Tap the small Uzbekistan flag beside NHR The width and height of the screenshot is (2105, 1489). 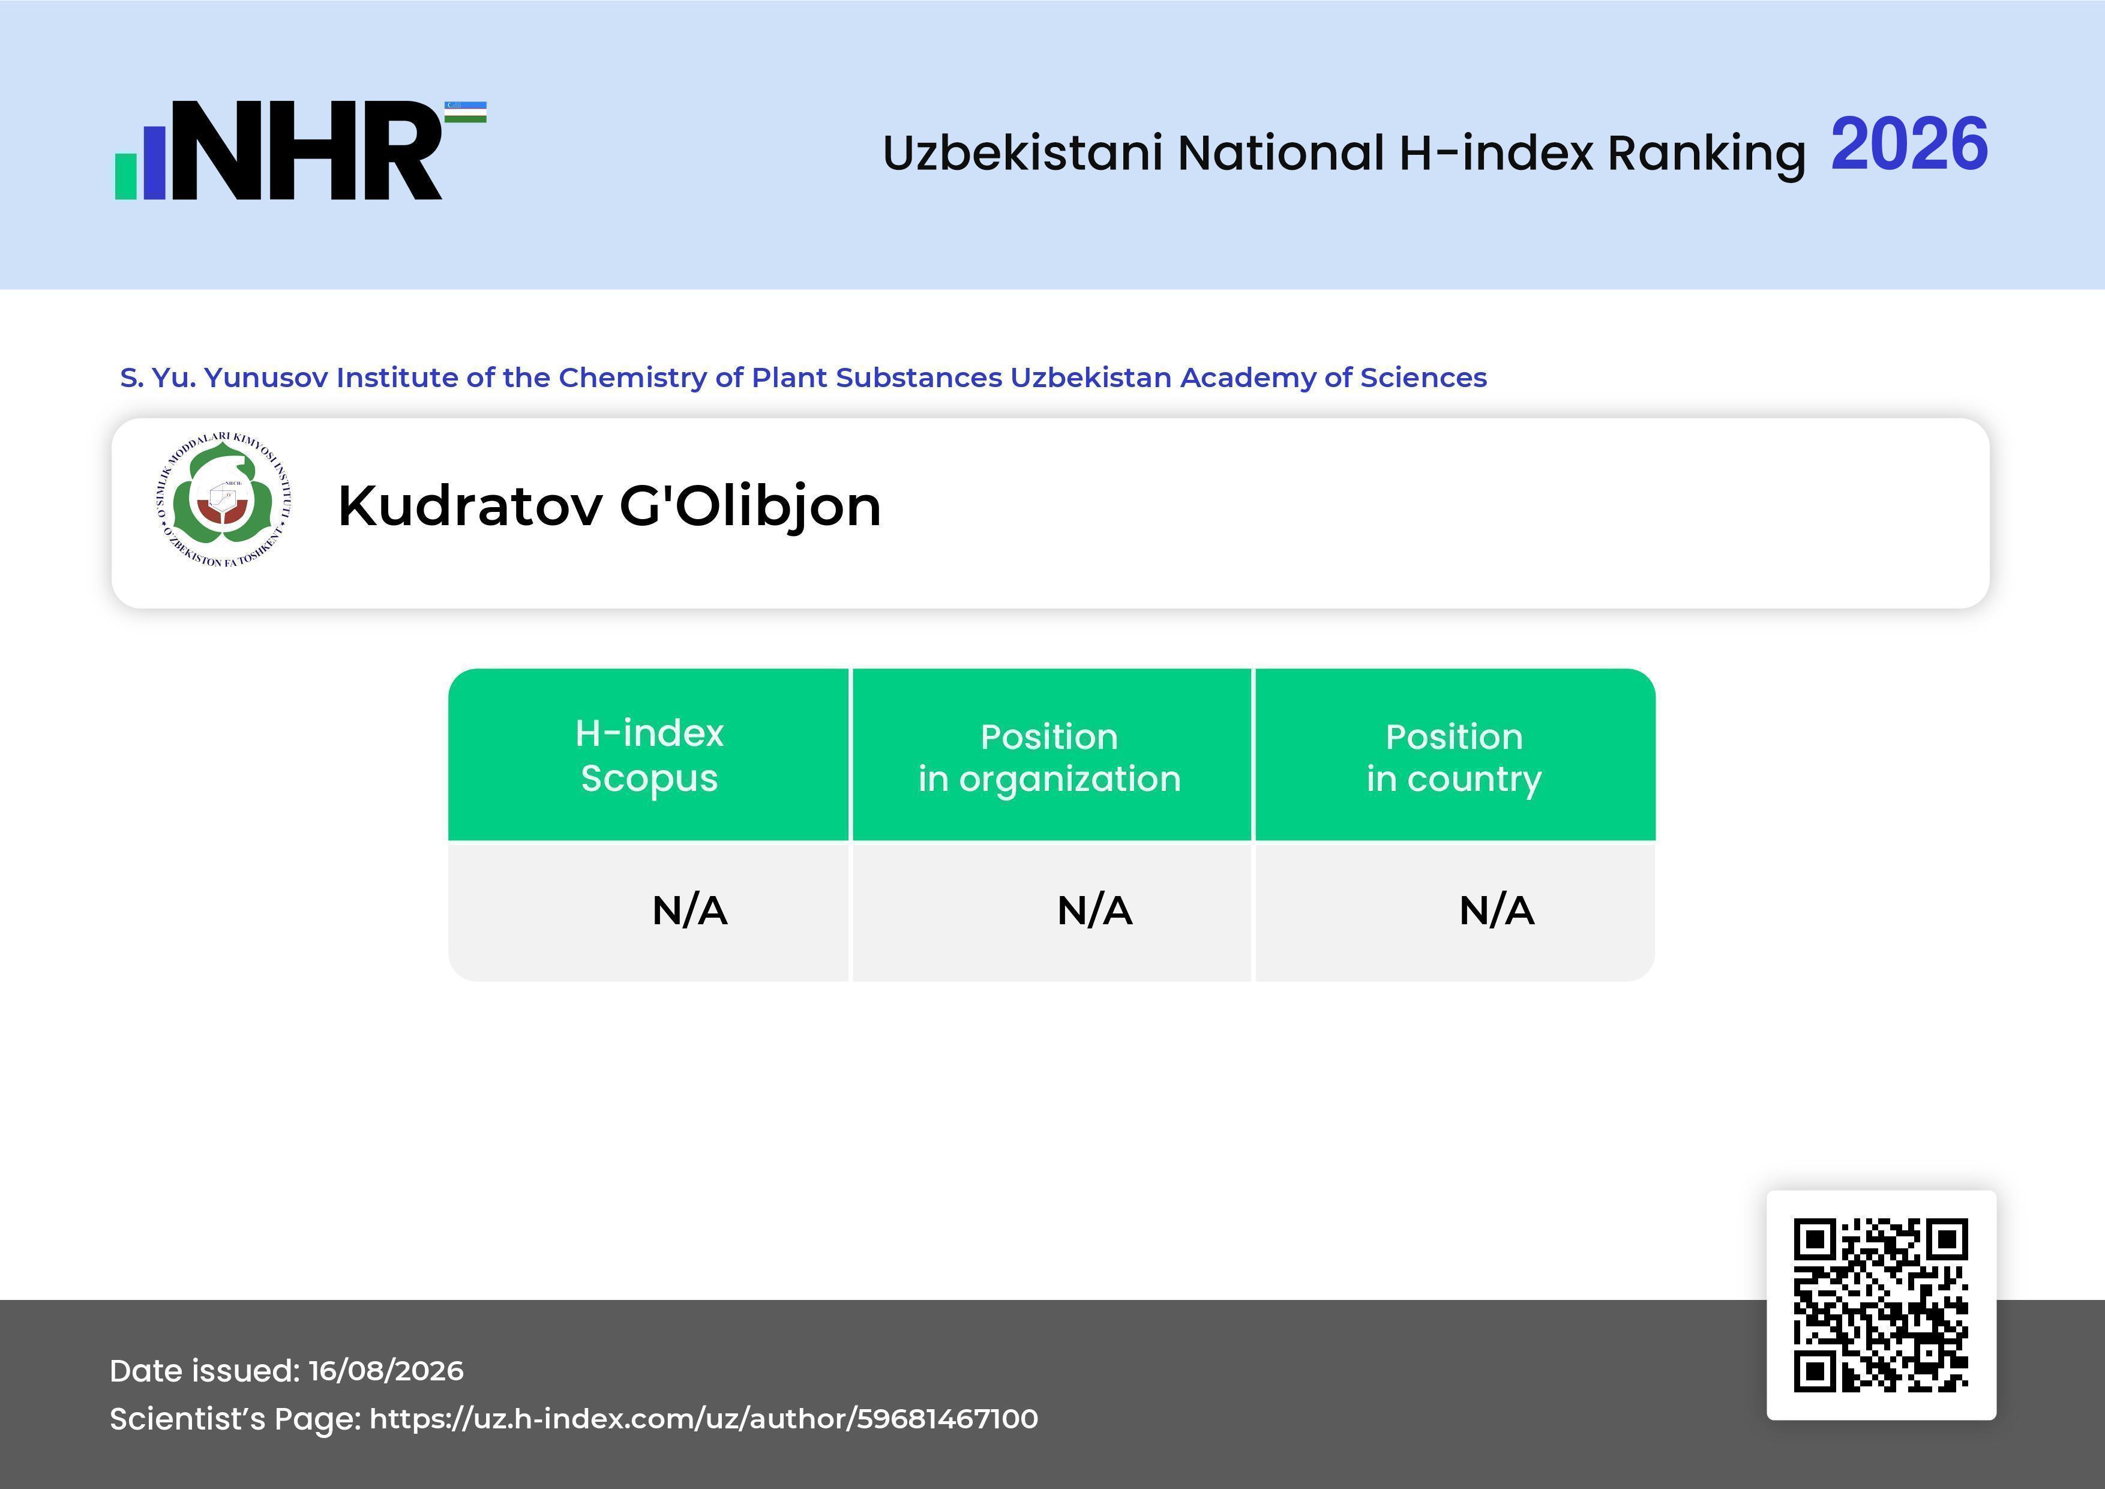[466, 112]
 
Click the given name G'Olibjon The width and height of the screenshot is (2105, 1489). [750, 507]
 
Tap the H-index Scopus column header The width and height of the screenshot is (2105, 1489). [649, 756]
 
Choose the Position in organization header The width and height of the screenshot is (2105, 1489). [1049, 757]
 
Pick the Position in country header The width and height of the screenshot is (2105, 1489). [1454, 757]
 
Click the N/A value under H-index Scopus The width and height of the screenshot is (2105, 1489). [689, 910]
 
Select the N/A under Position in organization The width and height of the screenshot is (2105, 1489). [1095, 910]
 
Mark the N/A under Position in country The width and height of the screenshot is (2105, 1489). [1496, 910]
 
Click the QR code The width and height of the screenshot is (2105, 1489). [1881, 1305]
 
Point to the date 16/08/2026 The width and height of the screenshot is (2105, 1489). [386, 1371]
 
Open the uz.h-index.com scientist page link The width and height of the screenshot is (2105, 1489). [703, 1418]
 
